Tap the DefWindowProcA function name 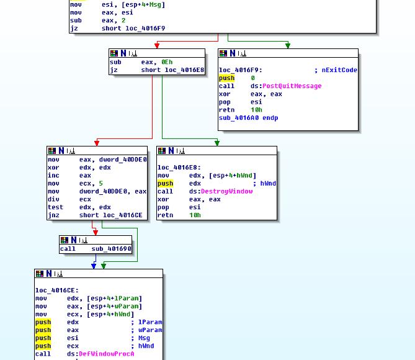106,354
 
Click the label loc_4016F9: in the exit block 241,70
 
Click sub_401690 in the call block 112,249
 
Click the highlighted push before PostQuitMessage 226,78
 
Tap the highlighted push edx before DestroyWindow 165,184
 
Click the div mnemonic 53,200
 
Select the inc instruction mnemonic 53,176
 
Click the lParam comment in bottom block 150,322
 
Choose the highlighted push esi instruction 43,338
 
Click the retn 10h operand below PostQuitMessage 256,110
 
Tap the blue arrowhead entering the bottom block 94,266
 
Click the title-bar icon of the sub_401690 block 64,240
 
